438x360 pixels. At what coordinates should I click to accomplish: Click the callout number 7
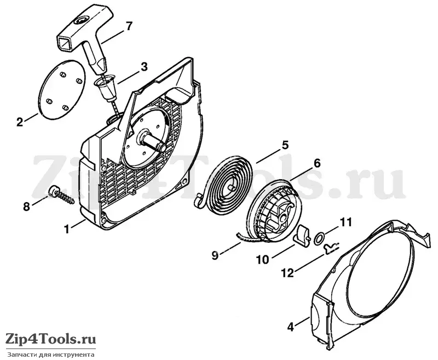(128, 26)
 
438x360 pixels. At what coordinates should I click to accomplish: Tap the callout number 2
(20, 122)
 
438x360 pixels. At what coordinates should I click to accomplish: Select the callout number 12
(288, 273)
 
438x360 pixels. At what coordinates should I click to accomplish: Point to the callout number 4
(291, 327)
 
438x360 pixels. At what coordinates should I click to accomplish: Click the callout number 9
(215, 255)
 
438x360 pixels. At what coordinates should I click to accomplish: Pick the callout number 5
(285, 145)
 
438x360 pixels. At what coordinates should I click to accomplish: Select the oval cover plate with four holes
(61, 90)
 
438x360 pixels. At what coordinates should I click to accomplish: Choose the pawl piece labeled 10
(301, 237)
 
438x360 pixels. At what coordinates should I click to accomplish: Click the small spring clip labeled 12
(331, 247)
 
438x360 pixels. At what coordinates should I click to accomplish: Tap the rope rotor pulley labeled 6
(270, 211)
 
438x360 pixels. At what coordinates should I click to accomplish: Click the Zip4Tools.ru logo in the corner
(51, 339)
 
